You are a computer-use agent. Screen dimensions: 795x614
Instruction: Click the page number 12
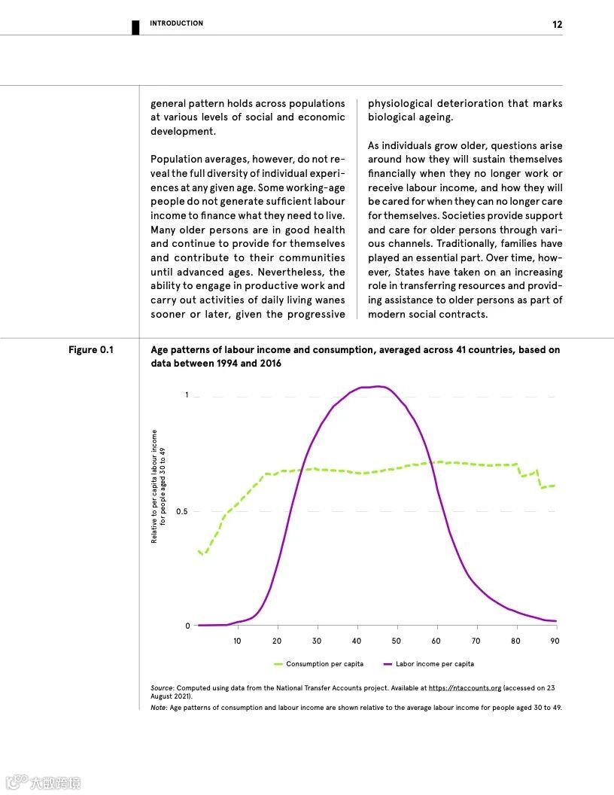[x=557, y=24]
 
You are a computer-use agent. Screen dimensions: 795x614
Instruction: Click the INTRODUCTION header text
[x=176, y=23]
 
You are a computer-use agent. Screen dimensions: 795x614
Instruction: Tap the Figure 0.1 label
[x=91, y=350]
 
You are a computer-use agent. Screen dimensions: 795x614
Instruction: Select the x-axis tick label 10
[x=237, y=641]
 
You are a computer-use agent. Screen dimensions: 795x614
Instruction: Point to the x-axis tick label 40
[x=357, y=641]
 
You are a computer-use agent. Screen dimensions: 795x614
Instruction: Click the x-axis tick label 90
[x=555, y=641]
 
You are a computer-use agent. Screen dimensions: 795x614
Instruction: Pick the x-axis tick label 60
[x=436, y=641]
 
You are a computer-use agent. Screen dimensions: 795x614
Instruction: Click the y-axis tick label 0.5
[x=182, y=512]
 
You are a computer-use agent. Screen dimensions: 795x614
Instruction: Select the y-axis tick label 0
[x=187, y=626]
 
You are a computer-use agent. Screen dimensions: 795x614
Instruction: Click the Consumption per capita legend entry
[x=324, y=664]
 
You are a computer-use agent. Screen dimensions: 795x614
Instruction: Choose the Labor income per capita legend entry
[x=434, y=664]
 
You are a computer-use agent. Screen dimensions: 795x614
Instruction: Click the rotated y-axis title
[x=158, y=486]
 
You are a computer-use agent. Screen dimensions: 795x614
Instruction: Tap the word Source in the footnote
[x=162, y=688]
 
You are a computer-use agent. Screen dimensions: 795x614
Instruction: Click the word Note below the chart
[x=158, y=708]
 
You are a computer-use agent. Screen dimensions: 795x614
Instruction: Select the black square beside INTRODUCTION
[x=135, y=27]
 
